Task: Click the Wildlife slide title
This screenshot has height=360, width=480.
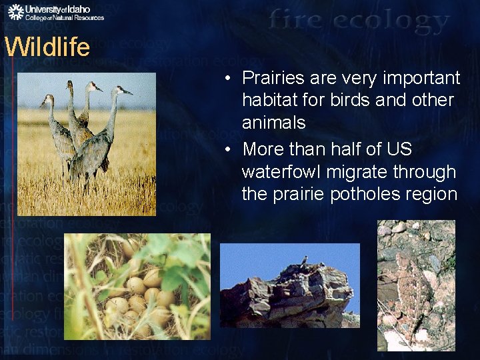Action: (x=47, y=47)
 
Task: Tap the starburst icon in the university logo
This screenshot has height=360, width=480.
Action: (x=16, y=12)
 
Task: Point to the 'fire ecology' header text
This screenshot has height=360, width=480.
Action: (x=360, y=21)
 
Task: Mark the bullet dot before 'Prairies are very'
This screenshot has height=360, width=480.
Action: (x=228, y=79)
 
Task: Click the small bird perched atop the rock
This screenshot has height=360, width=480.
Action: (x=304, y=259)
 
